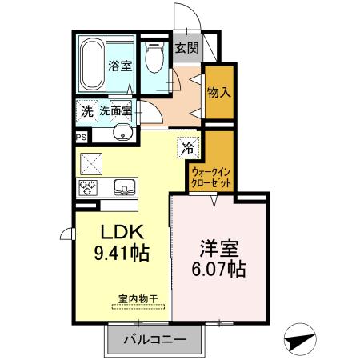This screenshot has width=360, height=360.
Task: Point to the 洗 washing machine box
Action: tap(86, 111)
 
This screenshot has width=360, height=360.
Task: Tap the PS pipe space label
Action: tap(80, 138)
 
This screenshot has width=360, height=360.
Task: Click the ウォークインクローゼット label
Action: tap(212, 177)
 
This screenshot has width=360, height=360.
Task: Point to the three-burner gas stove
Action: tap(87, 187)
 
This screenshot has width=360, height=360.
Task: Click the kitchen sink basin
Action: tap(125, 187)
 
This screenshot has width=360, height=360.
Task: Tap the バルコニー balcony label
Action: tap(154, 340)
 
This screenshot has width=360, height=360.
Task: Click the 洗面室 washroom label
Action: tap(115, 111)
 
